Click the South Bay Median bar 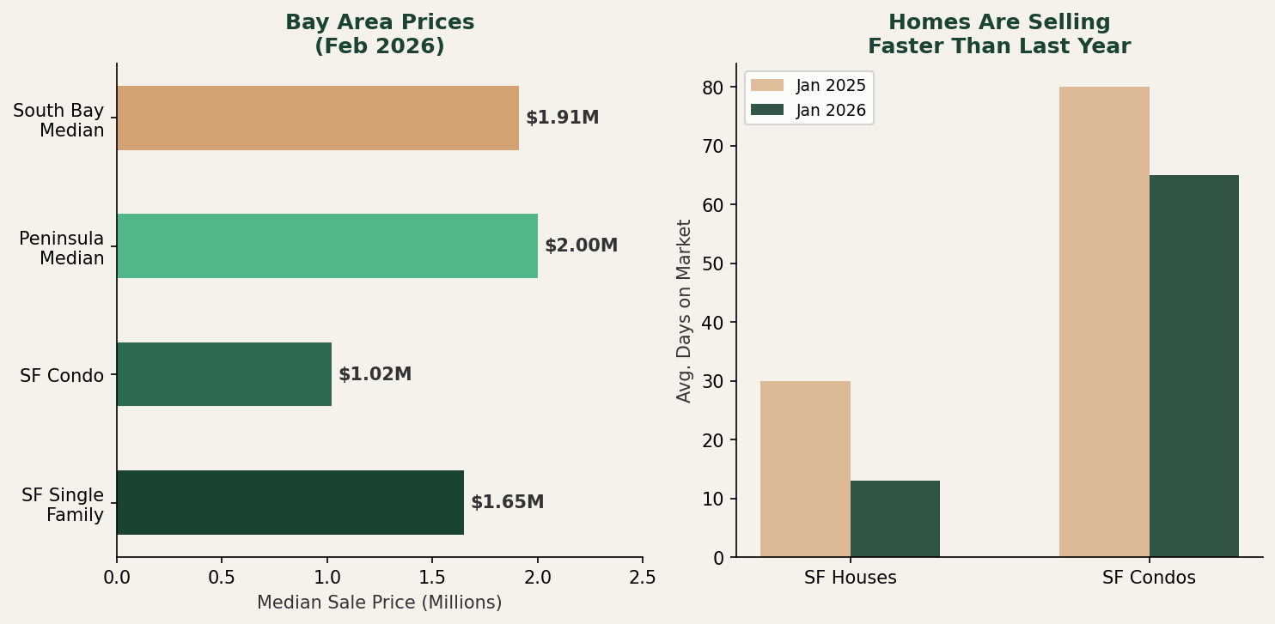[317, 118]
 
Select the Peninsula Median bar [326, 246]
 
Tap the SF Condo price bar [223, 374]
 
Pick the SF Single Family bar [290, 502]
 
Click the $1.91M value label [562, 118]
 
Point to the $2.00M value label [581, 246]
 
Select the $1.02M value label [375, 375]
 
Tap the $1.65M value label [507, 503]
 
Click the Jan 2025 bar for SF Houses [805, 469]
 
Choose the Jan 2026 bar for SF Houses [894, 518]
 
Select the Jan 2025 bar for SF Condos [1104, 322]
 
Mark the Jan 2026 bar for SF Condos [1193, 366]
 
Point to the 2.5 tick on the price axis [643, 578]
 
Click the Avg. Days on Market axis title [684, 311]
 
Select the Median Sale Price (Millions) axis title [379, 603]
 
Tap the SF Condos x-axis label [1149, 579]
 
